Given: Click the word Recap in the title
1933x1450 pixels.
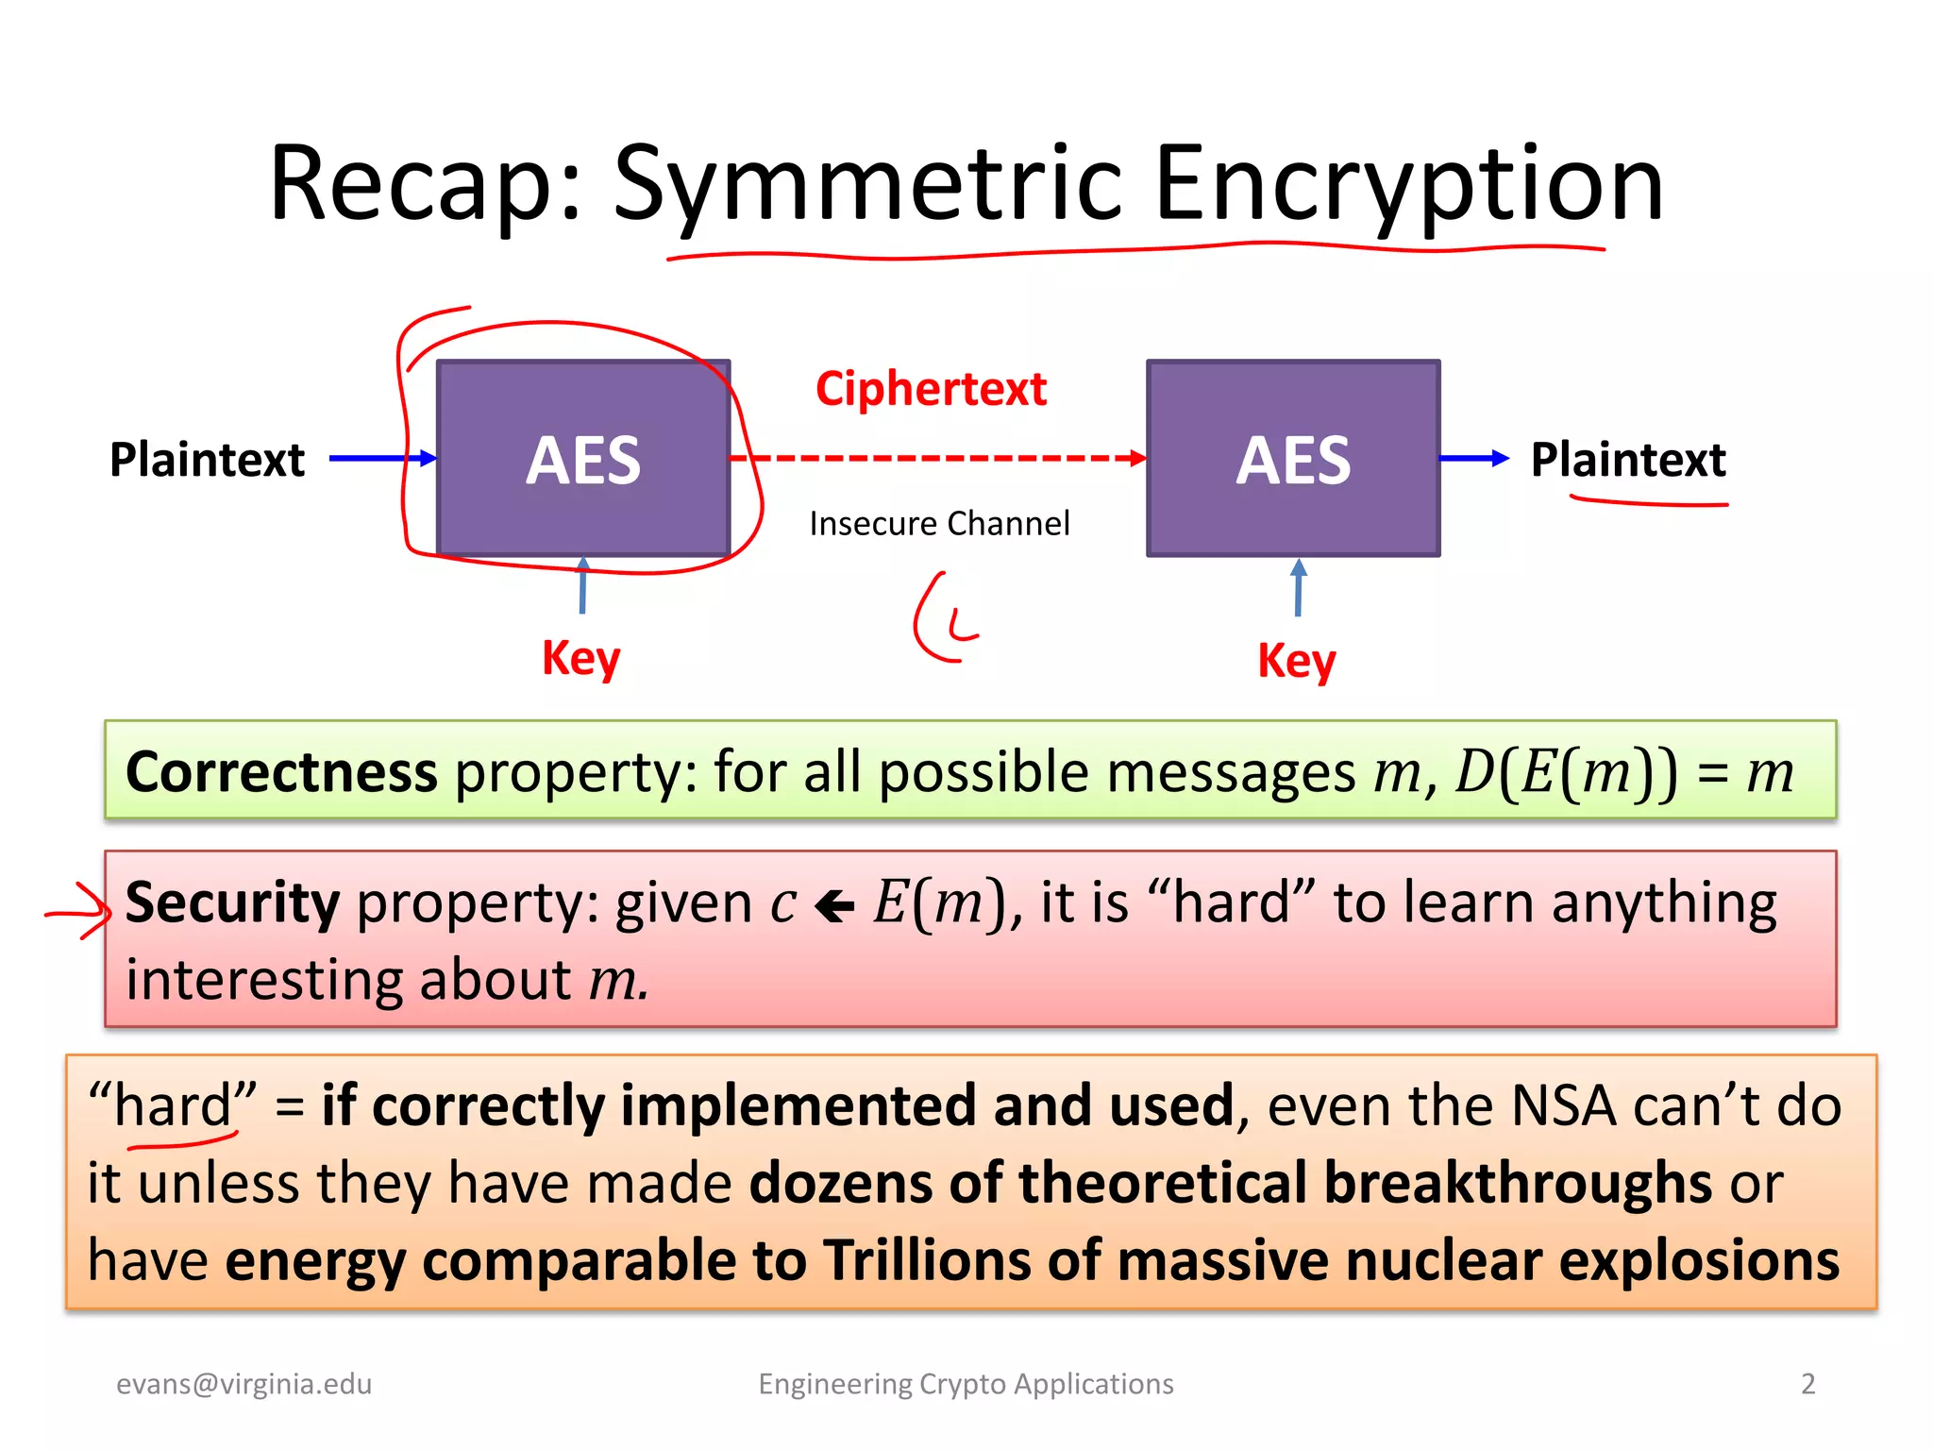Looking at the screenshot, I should (421, 184).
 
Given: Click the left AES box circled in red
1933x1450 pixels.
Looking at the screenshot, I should (583, 459).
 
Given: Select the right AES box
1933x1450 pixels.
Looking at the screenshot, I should (1293, 459).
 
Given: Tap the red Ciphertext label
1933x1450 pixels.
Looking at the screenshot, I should (931, 389).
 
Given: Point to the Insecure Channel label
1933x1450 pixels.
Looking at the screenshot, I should (939, 523).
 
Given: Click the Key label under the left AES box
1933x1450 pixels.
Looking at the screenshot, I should (580, 658).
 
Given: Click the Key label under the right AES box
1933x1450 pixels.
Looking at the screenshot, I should (1297, 661).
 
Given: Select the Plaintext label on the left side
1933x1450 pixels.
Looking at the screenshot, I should (207, 460).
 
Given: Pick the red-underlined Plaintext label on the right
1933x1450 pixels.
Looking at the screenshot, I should (1628, 460).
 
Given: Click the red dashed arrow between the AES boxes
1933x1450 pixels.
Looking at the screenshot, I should (939, 459).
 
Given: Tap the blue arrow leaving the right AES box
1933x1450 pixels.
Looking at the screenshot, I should (1474, 459).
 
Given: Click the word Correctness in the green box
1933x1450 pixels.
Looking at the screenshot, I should (281, 772).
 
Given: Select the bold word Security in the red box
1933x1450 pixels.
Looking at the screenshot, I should (232, 902).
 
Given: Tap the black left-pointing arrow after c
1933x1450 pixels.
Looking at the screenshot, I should (834, 906).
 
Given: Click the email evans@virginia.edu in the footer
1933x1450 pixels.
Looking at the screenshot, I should (244, 1384).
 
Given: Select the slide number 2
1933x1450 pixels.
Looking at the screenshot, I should (1807, 1384).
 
